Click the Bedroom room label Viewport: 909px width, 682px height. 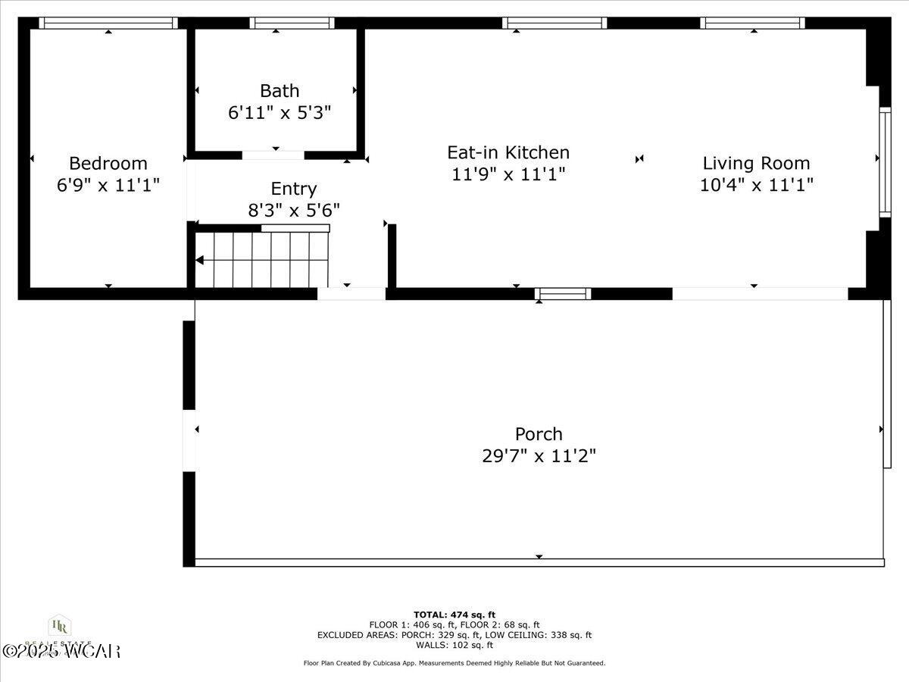point(108,163)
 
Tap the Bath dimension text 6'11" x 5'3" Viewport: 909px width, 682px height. point(280,113)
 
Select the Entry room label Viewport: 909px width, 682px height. point(293,189)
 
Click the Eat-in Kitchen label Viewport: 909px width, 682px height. point(508,152)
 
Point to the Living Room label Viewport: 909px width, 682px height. point(756,163)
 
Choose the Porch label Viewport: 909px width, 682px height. point(539,434)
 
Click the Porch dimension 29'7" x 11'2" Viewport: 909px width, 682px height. point(539,456)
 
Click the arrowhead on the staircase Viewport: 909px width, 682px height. point(200,260)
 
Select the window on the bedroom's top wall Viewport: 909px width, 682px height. point(108,23)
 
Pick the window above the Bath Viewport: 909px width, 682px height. point(292,23)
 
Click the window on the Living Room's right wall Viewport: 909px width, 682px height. point(884,162)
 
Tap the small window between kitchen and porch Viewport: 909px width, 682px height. point(562,294)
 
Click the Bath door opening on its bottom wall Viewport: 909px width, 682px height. point(273,155)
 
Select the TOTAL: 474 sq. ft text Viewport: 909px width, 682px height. point(454,615)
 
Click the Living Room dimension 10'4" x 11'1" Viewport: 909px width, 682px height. point(756,185)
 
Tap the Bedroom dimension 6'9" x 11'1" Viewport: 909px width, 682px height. point(108,185)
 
